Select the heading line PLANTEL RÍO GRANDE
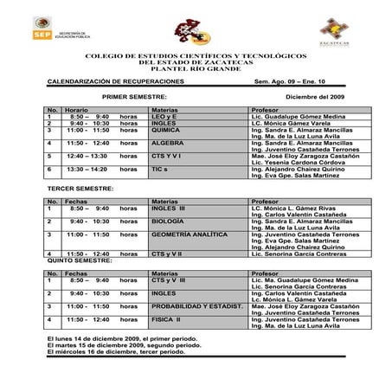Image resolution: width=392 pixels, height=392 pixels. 196,67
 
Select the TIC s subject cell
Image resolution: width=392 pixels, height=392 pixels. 160,170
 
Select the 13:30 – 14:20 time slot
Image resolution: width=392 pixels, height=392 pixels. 86,170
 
